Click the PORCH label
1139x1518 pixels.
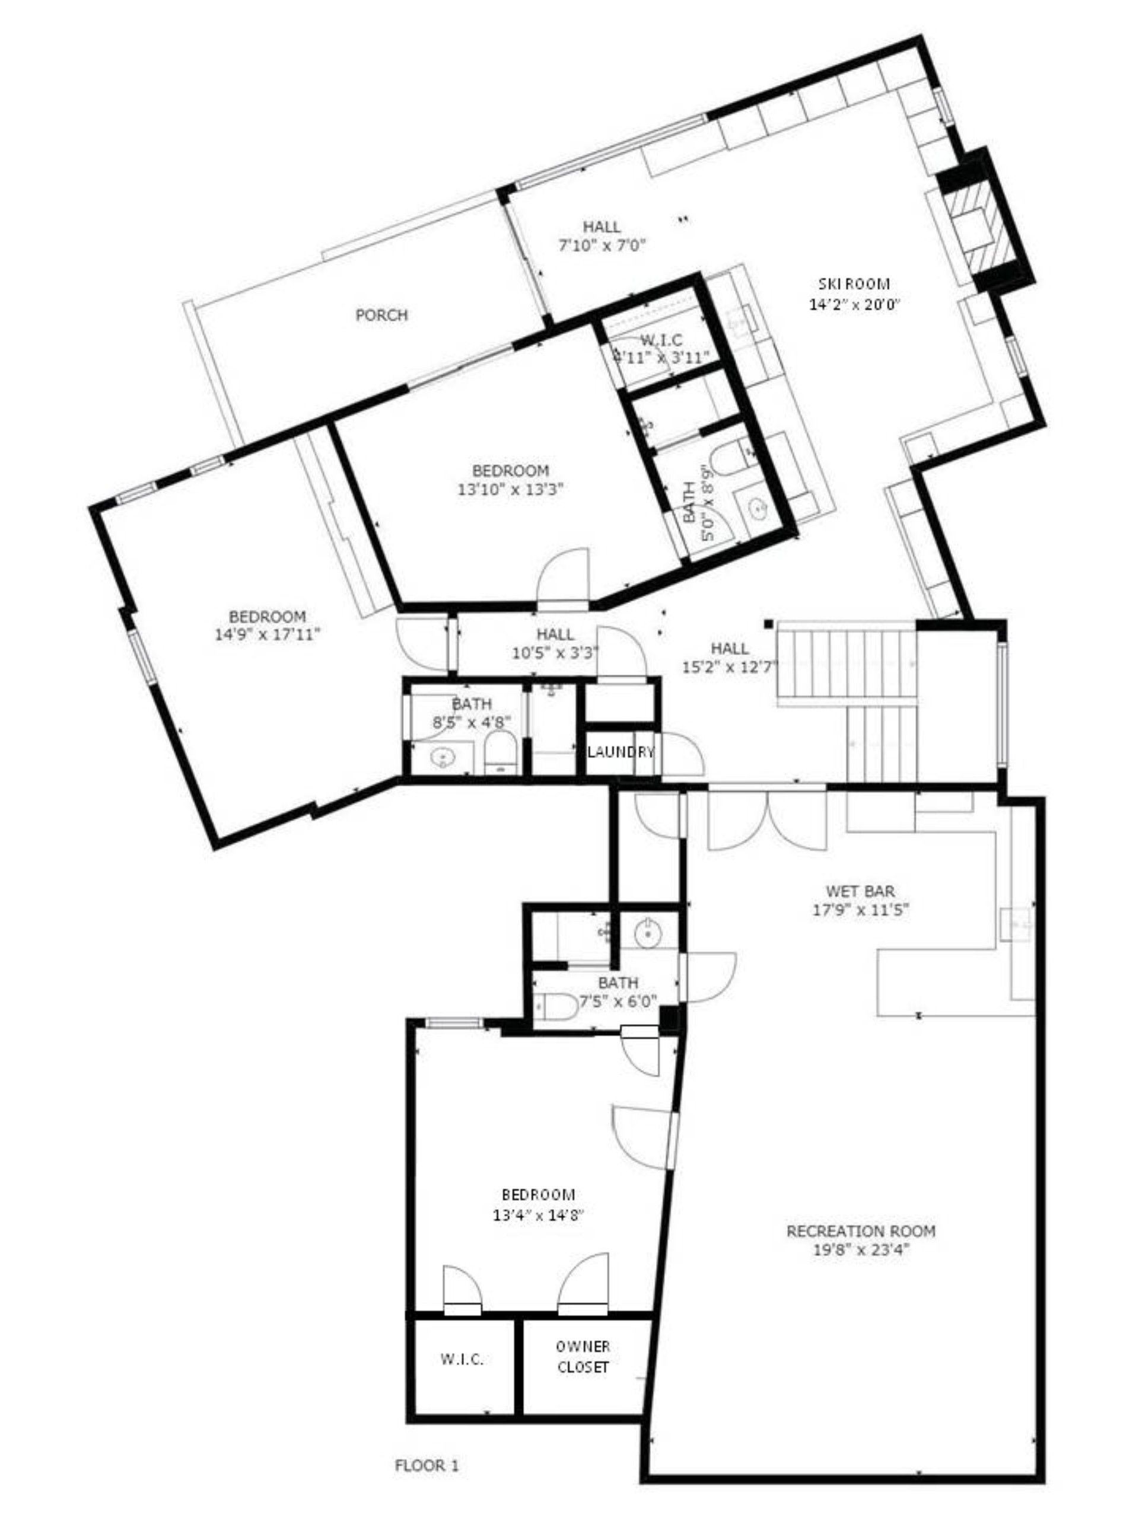point(381,315)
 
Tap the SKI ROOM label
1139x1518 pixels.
point(854,283)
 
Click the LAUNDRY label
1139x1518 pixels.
point(621,751)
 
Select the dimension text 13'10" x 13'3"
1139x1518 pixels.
point(510,489)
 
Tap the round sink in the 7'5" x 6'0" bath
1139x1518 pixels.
point(647,933)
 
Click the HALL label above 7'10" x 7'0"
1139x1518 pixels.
point(602,227)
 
